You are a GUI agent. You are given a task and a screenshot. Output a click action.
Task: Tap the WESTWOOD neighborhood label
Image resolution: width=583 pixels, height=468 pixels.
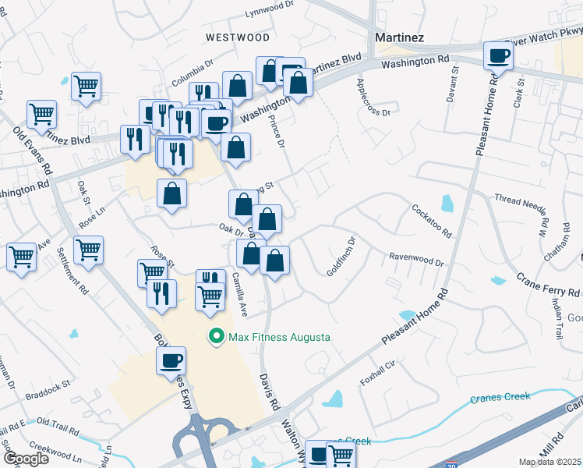(238, 37)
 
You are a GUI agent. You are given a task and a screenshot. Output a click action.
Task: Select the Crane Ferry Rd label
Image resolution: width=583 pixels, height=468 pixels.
(549, 285)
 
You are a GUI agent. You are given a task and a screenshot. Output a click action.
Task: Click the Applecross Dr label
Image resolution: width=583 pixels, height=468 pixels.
(373, 97)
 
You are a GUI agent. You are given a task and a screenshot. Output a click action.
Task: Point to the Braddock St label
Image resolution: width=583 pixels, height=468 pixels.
(47, 385)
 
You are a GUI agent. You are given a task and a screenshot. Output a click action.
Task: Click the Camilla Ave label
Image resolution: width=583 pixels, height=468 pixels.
(240, 293)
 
